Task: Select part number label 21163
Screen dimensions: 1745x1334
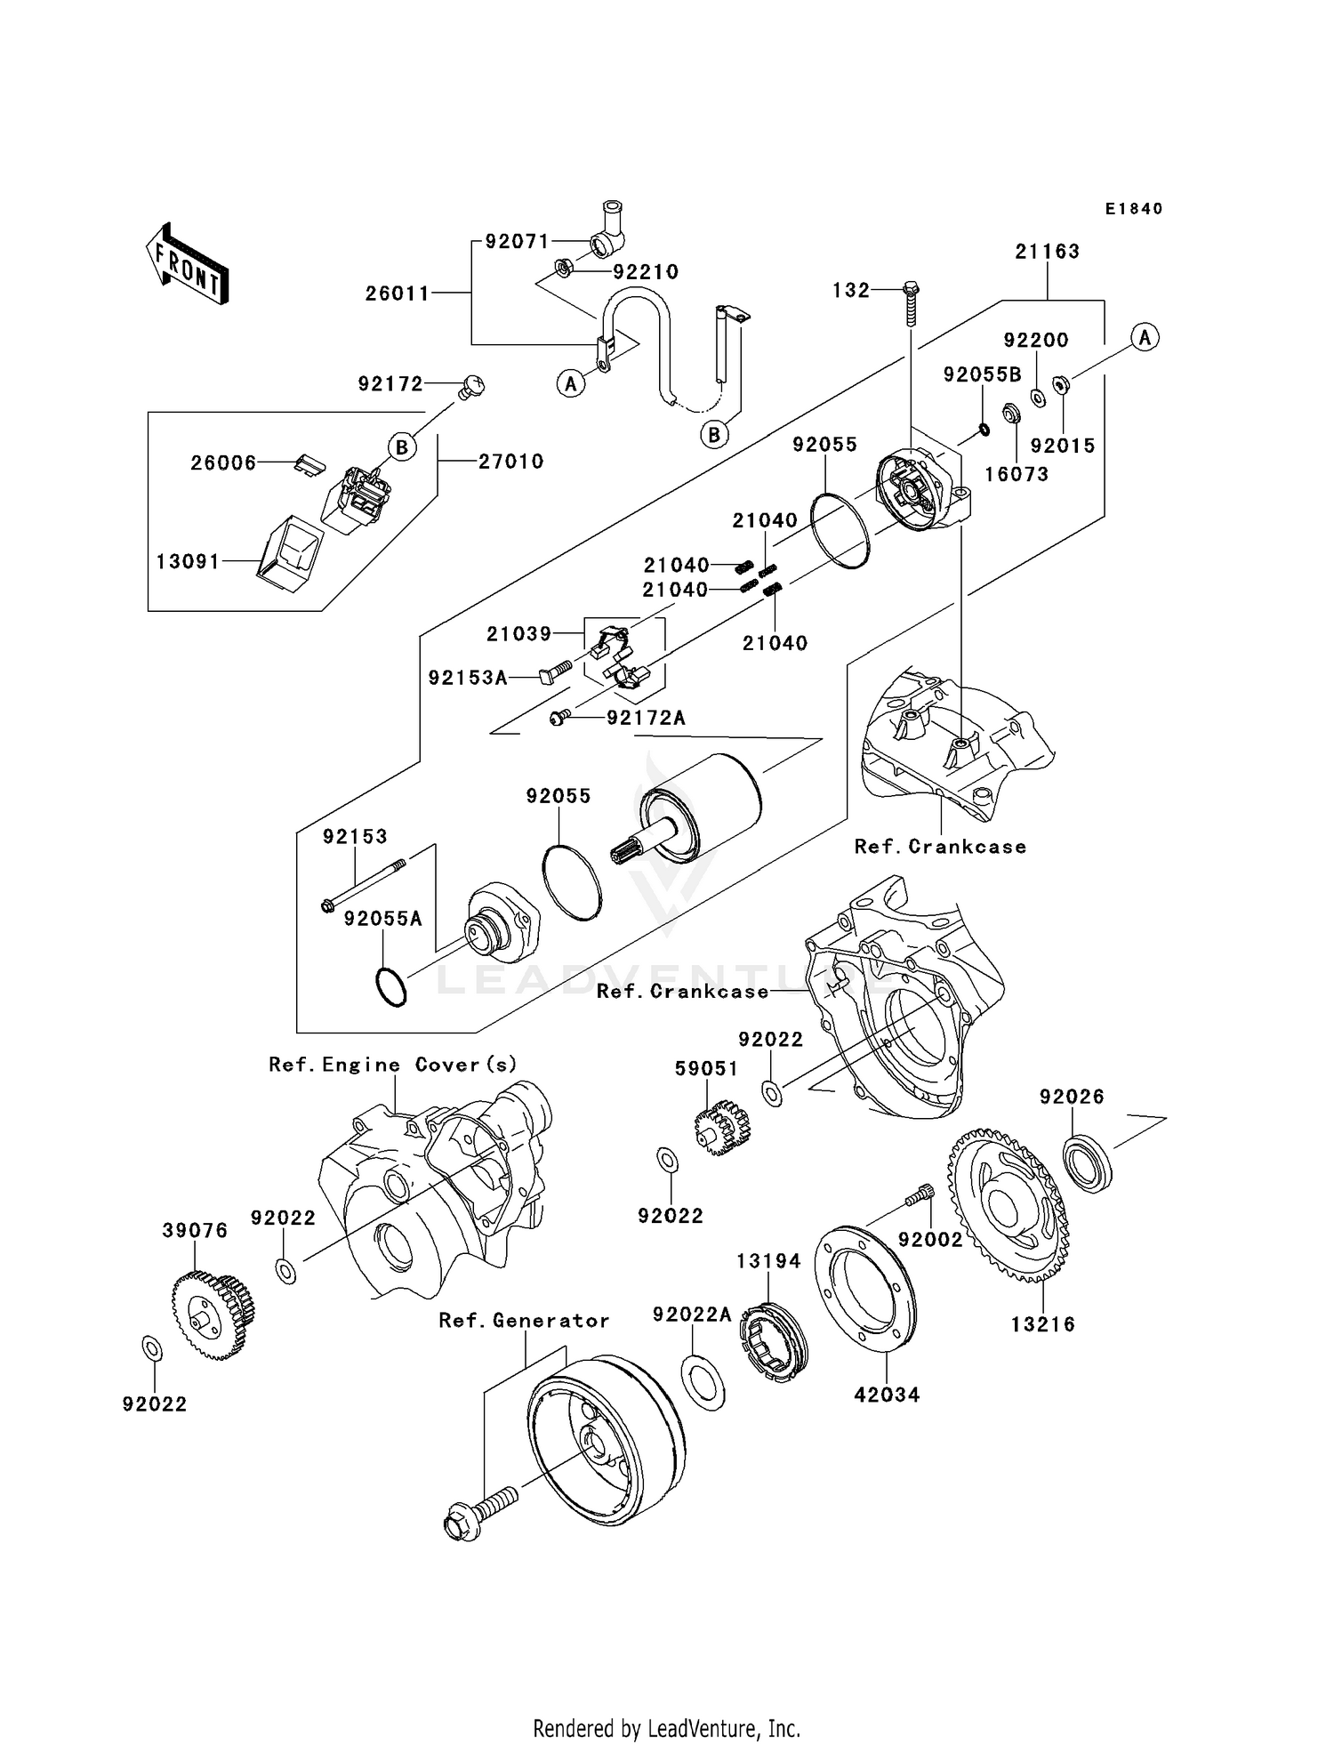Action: pyautogui.click(x=1047, y=252)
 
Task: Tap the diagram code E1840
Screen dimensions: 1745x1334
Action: pyautogui.click(x=1134, y=209)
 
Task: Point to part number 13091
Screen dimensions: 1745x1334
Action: pyautogui.click(x=188, y=562)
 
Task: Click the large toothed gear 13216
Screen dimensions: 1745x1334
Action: pyautogui.click(x=1009, y=1204)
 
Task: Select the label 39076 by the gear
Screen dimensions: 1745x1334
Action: pyautogui.click(x=195, y=1230)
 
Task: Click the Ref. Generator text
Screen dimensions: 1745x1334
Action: pyautogui.click(x=524, y=1321)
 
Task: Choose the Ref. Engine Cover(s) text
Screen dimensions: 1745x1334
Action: pyautogui.click(x=392, y=1065)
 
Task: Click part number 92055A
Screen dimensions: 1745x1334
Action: pyautogui.click(x=383, y=919)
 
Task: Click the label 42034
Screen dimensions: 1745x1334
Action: pyautogui.click(x=887, y=1395)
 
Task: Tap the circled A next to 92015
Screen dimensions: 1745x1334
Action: pyautogui.click(x=1145, y=338)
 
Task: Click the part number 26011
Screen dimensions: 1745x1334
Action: pyautogui.click(x=398, y=293)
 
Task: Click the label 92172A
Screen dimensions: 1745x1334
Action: pyautogui.click(x=646, y=718)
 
